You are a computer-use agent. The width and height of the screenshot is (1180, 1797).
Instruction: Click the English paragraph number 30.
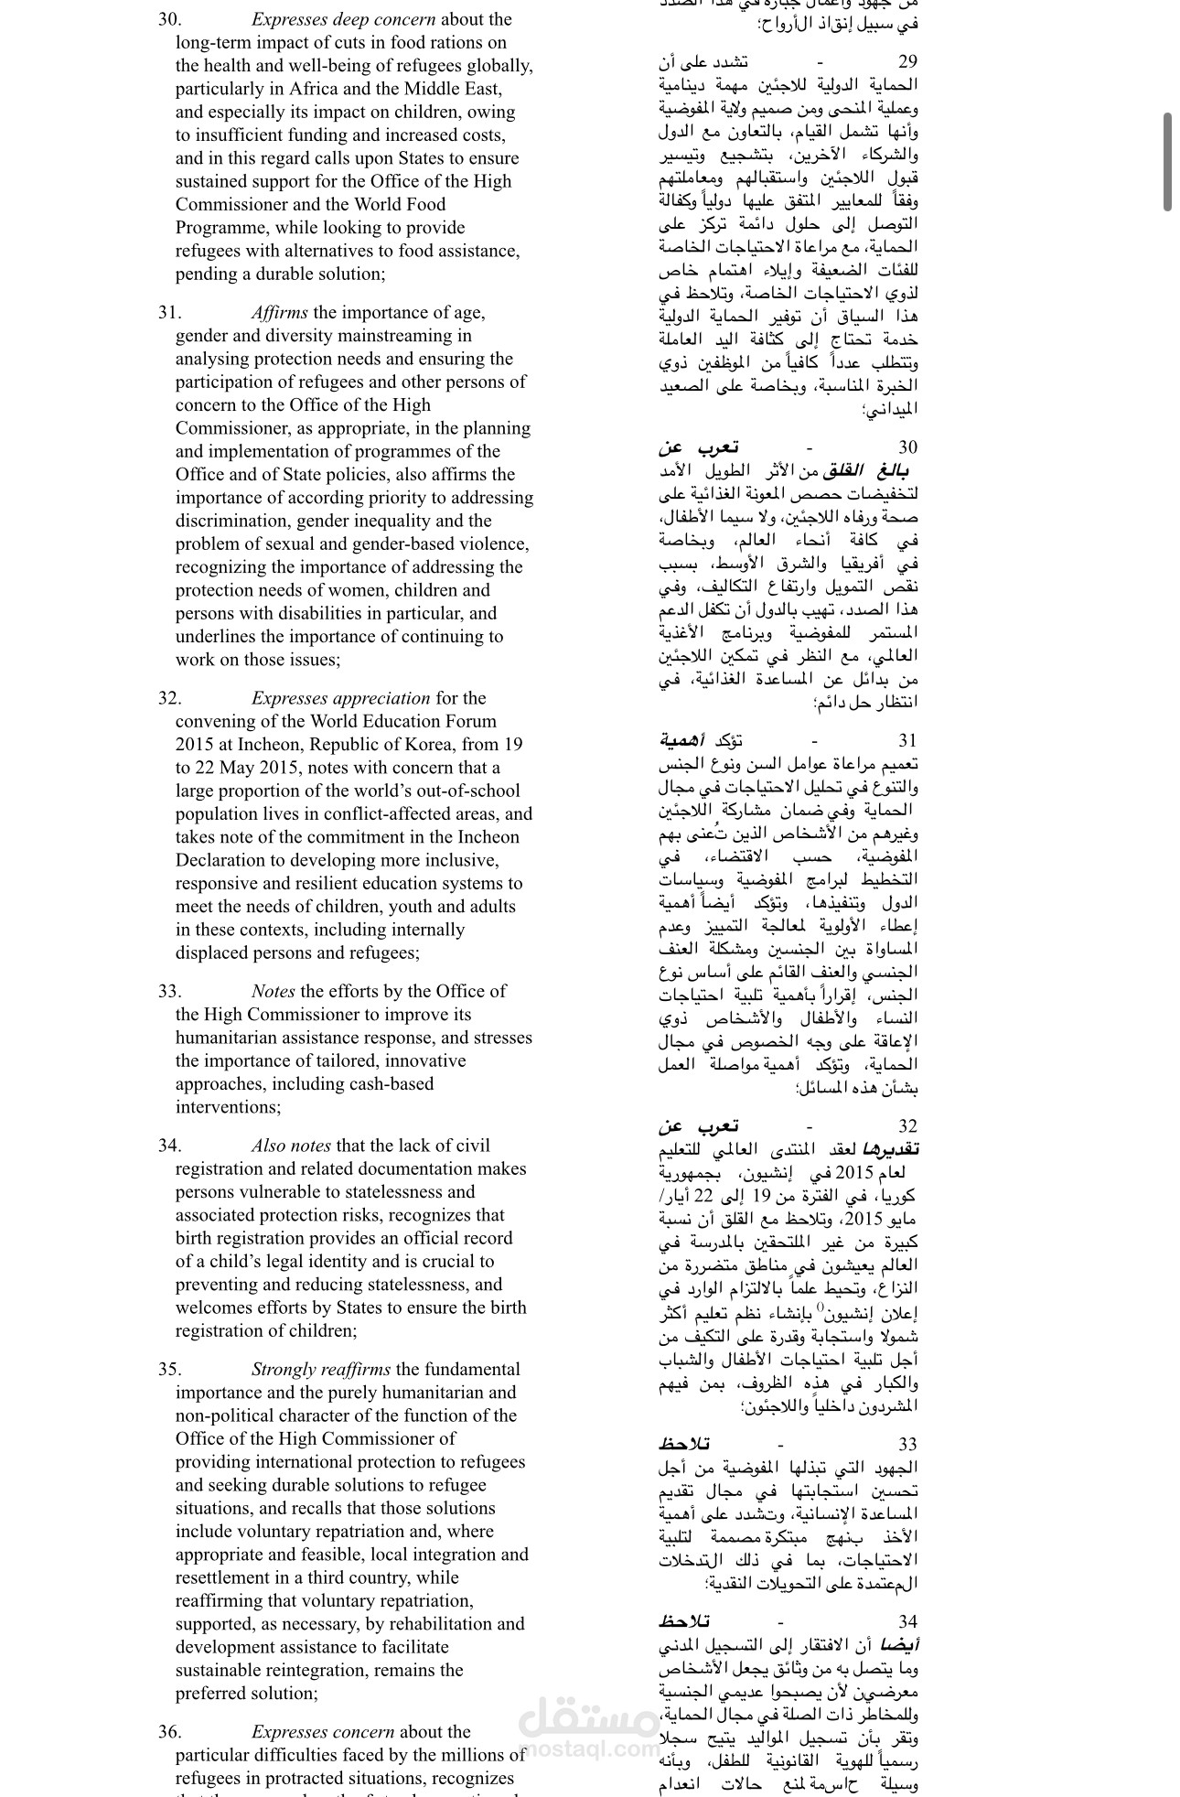[169, 19]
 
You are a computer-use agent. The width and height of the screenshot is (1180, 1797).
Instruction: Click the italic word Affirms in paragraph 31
[280, 313]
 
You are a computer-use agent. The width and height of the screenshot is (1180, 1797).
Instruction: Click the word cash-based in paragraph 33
[390, 1084]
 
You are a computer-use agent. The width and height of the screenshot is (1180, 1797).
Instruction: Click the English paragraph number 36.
[169, 1732]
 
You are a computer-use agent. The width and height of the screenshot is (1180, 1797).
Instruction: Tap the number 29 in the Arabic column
[907, 62]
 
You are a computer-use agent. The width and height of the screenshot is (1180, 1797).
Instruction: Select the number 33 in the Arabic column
[907, 1445]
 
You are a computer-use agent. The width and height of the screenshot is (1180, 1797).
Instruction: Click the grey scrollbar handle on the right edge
[1168, 162]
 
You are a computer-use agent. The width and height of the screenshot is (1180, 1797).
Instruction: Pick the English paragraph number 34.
[169, 1146]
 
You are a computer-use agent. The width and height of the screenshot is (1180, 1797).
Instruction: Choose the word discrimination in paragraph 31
[232, 522]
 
